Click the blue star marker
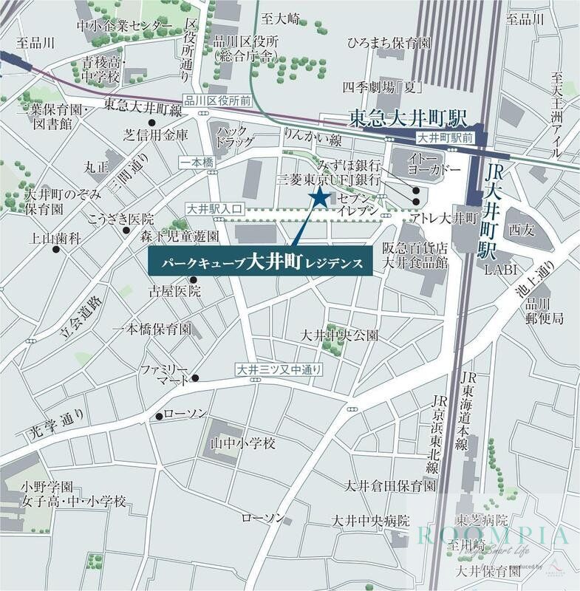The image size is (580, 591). click(320, 197)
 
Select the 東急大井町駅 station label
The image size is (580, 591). click(408, 118)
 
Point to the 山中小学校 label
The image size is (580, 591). click(243, 443)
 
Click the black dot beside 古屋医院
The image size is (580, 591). click(194, 279)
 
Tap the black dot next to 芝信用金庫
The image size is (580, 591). click(151, 123)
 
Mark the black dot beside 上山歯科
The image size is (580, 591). click(56, 250)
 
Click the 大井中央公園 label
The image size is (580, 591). click(339, 335)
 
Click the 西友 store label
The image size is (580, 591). click(520, 228)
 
